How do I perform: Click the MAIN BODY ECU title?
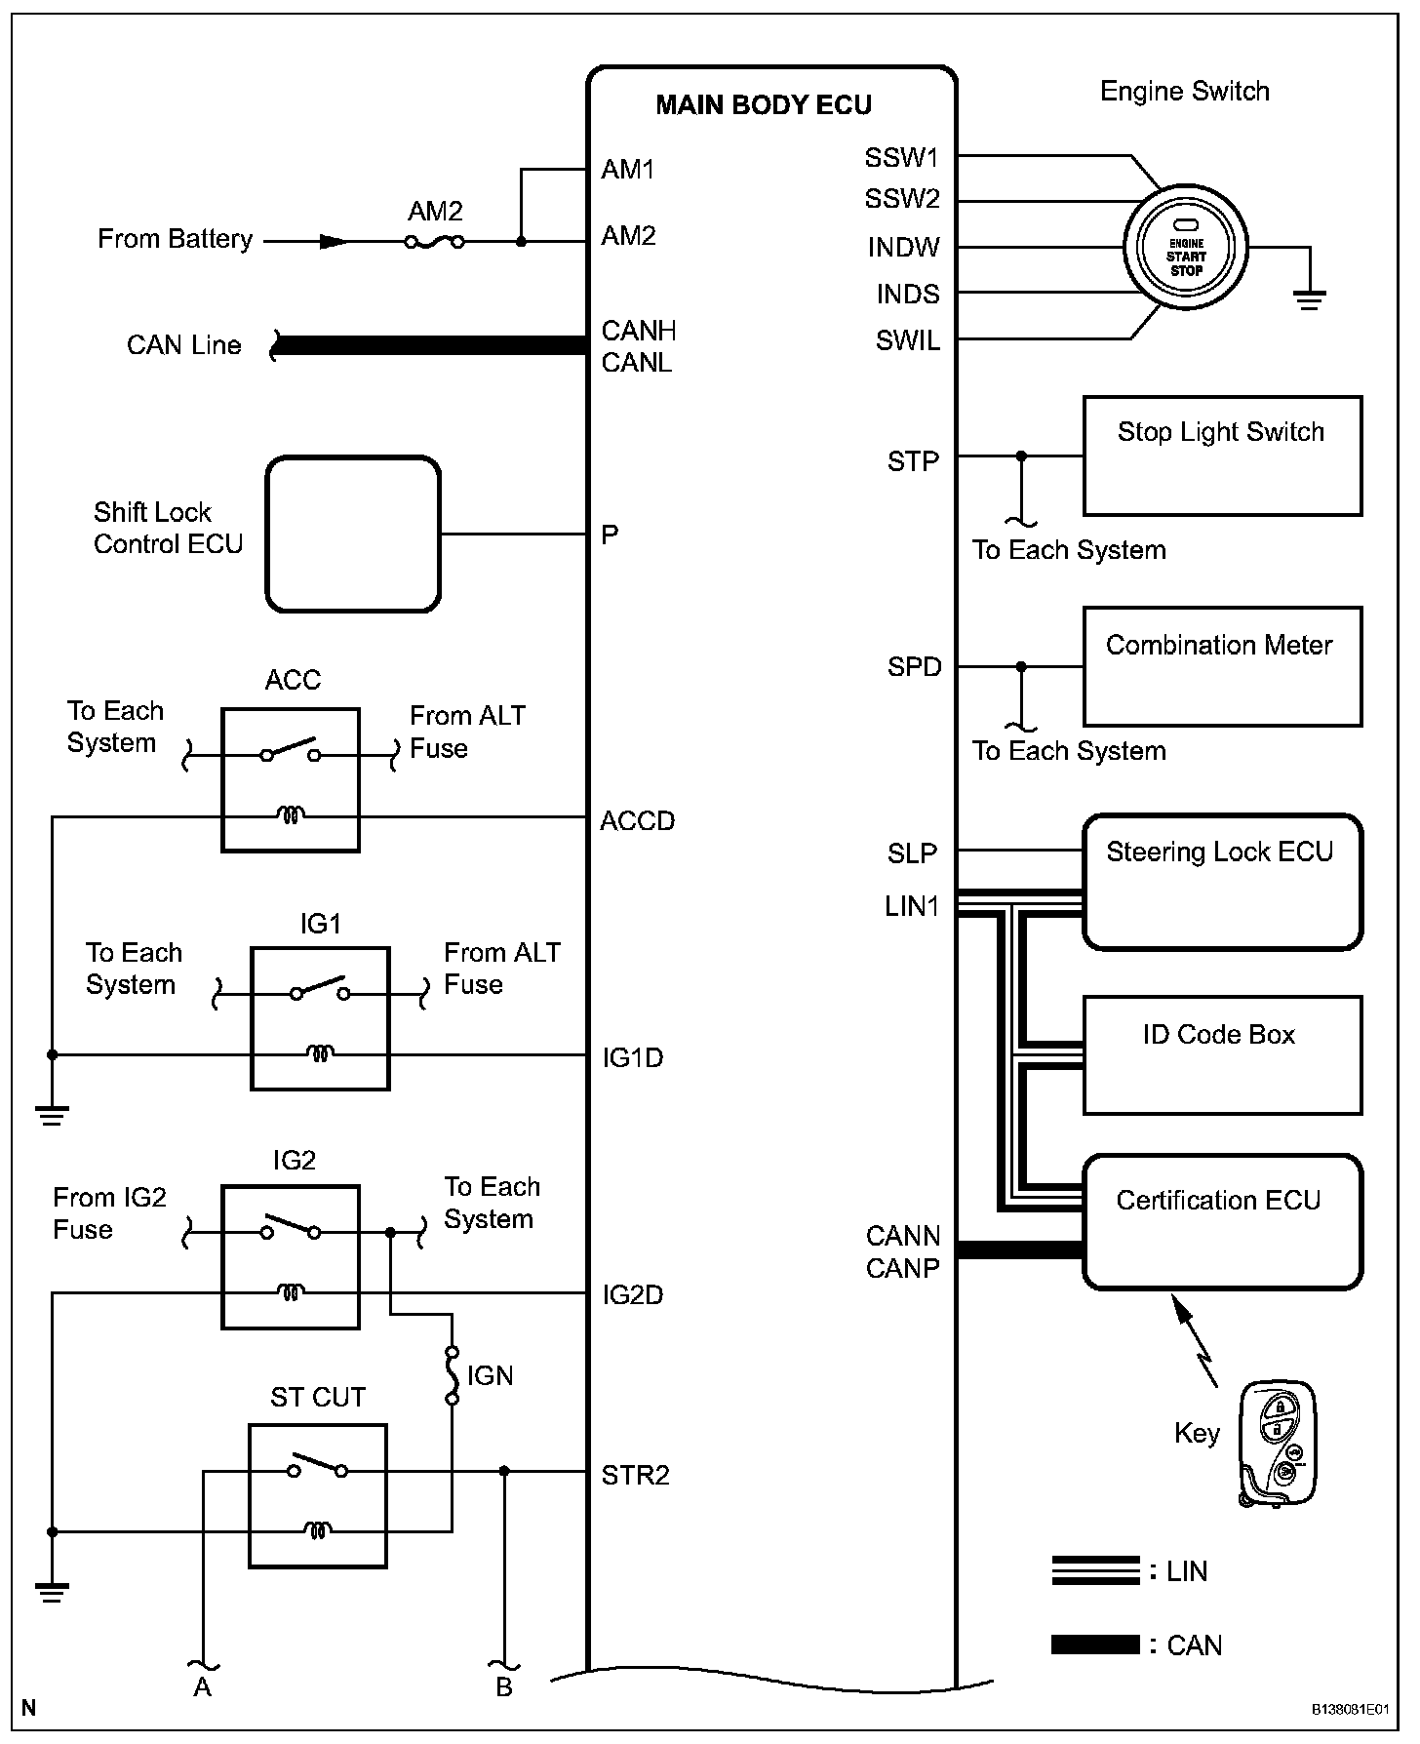[763, 105]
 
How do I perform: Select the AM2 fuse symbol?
[434, 241]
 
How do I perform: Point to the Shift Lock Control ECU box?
[353, 535]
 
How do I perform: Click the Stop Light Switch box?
[1222, 456]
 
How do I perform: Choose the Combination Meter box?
[1222, 667]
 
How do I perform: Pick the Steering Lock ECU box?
[1222, 882]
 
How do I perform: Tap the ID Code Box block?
[1222, 1055]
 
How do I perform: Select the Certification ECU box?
[1222, 1222]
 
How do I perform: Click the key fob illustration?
[1279, 1445]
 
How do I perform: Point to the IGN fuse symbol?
[452, 1375]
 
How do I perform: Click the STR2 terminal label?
[635, 1476]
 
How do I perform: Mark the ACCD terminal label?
[637, 821]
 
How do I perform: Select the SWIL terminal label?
[907, 341]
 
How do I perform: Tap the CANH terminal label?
[638, 331]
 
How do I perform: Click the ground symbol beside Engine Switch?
[1310, 298]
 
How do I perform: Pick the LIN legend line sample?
[1095, 1570]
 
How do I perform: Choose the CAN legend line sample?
[1095, 1645]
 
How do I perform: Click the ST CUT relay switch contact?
[317, 1467]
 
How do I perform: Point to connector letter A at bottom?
[202, 1686]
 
